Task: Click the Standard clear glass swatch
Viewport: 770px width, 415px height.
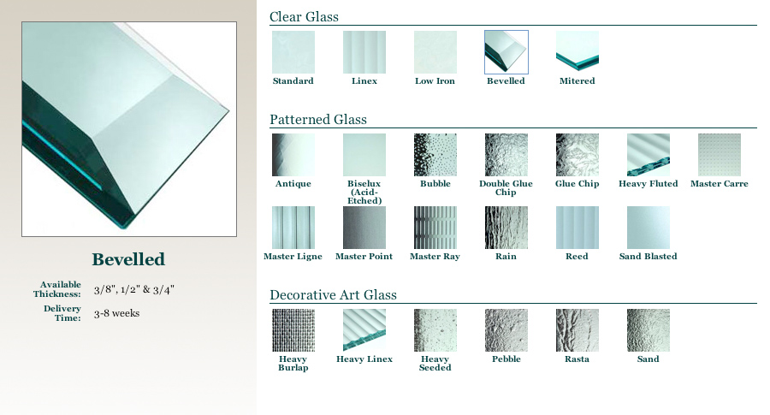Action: click(x=293, y=52)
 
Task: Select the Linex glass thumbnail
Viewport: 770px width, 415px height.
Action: click(x=364, y=52)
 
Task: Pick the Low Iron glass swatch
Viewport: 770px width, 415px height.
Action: click(x=435, y=52)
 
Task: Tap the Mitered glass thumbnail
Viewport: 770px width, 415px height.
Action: click(x=577, y=52)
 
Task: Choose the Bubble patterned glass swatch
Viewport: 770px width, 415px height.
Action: click(x=435, y=155)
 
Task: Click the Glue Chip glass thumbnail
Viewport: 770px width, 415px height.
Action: click(x=577, y=155)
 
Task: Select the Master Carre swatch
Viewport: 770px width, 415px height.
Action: click(x=720, y=155)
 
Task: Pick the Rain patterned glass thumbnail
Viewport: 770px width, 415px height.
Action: click(x=506, y=228)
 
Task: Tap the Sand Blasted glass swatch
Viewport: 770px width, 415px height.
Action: click(x=649, y=228)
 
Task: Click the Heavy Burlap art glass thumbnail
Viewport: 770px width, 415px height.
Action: click(x=293, y=330)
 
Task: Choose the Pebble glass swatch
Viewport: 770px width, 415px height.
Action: click(x=506, y=330)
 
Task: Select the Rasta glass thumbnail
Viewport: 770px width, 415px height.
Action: click(x=577, y=330)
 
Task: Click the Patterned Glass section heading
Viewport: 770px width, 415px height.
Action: click(x=318, y=119)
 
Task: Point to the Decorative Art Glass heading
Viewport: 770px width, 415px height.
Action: click(x=333, y=294)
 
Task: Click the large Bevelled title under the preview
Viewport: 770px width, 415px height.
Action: click(x=128, y=259)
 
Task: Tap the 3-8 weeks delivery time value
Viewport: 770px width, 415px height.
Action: click(x=117, y=313)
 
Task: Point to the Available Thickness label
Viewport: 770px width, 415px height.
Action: click(x=57, y=289)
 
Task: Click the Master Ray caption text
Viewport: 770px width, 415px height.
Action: click(x=435, y=257)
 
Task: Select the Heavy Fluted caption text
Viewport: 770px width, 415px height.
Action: click(x=649, y=184)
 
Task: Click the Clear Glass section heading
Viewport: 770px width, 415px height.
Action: click(x=304, y=17)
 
